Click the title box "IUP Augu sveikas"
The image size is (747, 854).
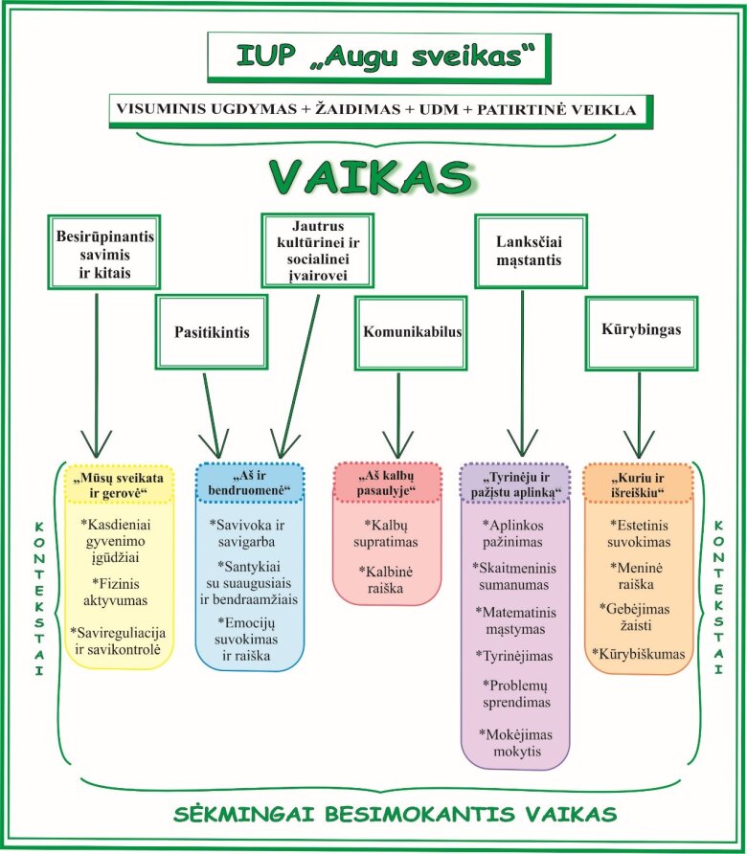click(x=379, y=57)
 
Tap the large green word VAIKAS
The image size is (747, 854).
click(x=373, y=177)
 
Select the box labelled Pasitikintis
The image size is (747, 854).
click(x=212, y=332)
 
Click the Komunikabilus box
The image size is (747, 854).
click(x=412, y=332)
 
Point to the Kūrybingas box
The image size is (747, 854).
click(x=642, y=330)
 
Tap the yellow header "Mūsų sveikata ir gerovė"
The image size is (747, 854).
click(x=118, y=484)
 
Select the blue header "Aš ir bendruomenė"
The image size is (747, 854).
click(x=249, y=483)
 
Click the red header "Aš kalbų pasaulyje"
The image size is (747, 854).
click(x=388, y=483)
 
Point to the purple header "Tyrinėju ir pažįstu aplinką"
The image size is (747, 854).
click(x=514, y=483)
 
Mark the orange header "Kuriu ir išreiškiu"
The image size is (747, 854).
click(x=638, y=483)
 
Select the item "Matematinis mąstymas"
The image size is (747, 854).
click(x=514, y=619)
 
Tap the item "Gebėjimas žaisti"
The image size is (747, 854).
click(x=638, y=618)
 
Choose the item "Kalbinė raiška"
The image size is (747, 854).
click(x=388, y=580)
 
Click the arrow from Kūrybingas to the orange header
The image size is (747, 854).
click(x=639, y=412)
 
